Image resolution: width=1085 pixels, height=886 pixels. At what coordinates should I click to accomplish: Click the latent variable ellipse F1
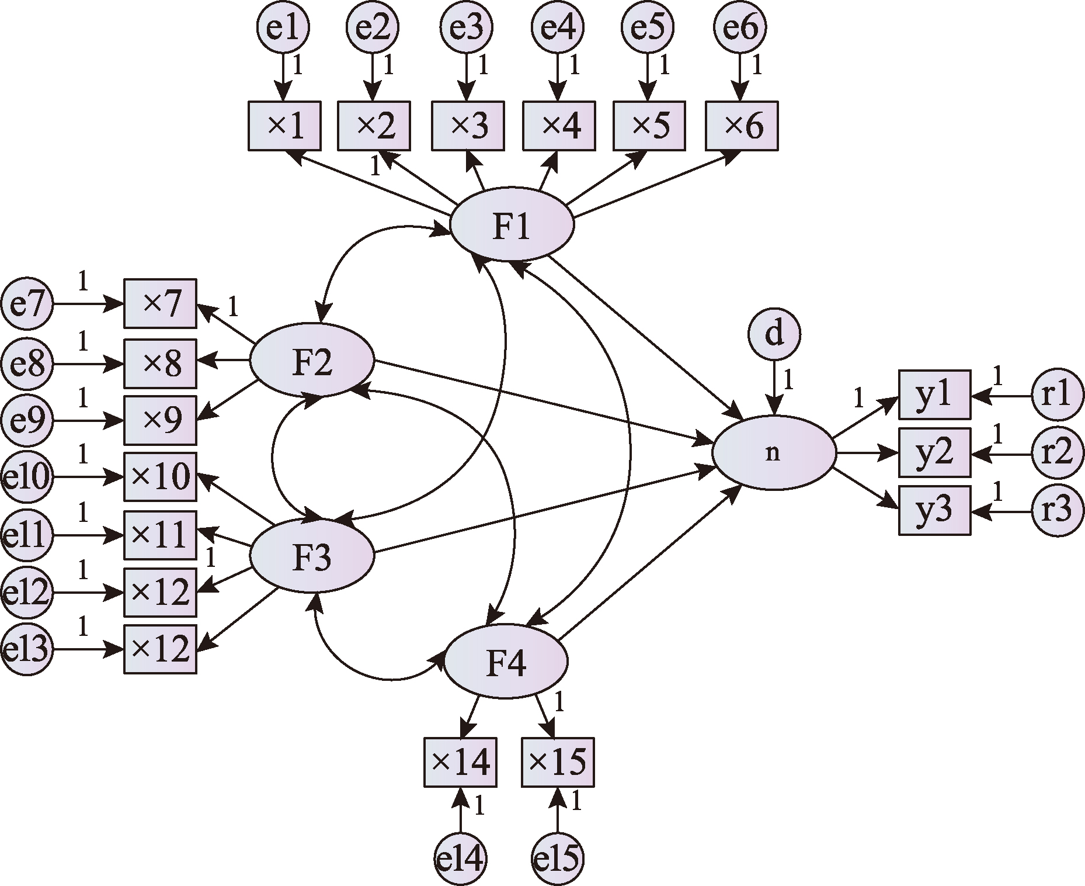(x=512, y=224)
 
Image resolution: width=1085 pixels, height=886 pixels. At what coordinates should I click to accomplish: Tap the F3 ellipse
(x=312, y=555)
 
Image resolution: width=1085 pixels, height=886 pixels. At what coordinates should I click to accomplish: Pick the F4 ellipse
(x=506, y=661)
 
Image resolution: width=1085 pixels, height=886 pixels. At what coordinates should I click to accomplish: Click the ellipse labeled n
(x=774, y=452)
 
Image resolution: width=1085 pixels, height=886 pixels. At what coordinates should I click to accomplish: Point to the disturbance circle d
(x=774, y=334)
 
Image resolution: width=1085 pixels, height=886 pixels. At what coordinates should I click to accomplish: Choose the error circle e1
(x=283, y=27)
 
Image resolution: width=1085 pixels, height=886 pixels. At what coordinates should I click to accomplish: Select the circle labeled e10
(x=27, y=477)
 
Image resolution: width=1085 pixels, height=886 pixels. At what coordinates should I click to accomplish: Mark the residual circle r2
(x=1058, y=452)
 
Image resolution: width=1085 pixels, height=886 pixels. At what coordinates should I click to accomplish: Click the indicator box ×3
(x=468, y=126)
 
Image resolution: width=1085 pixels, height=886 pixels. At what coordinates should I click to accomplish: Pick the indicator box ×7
(x=160, y=303)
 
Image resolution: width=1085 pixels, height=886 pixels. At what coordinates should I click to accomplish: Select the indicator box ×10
(x=160, y=477)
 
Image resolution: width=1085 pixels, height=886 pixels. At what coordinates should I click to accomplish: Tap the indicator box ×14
(x=460, y=762)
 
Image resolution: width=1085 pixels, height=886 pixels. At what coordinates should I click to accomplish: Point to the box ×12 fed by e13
(x=160, y=649)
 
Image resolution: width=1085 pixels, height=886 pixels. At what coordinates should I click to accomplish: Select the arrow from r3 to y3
(x=1001, y=511)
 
